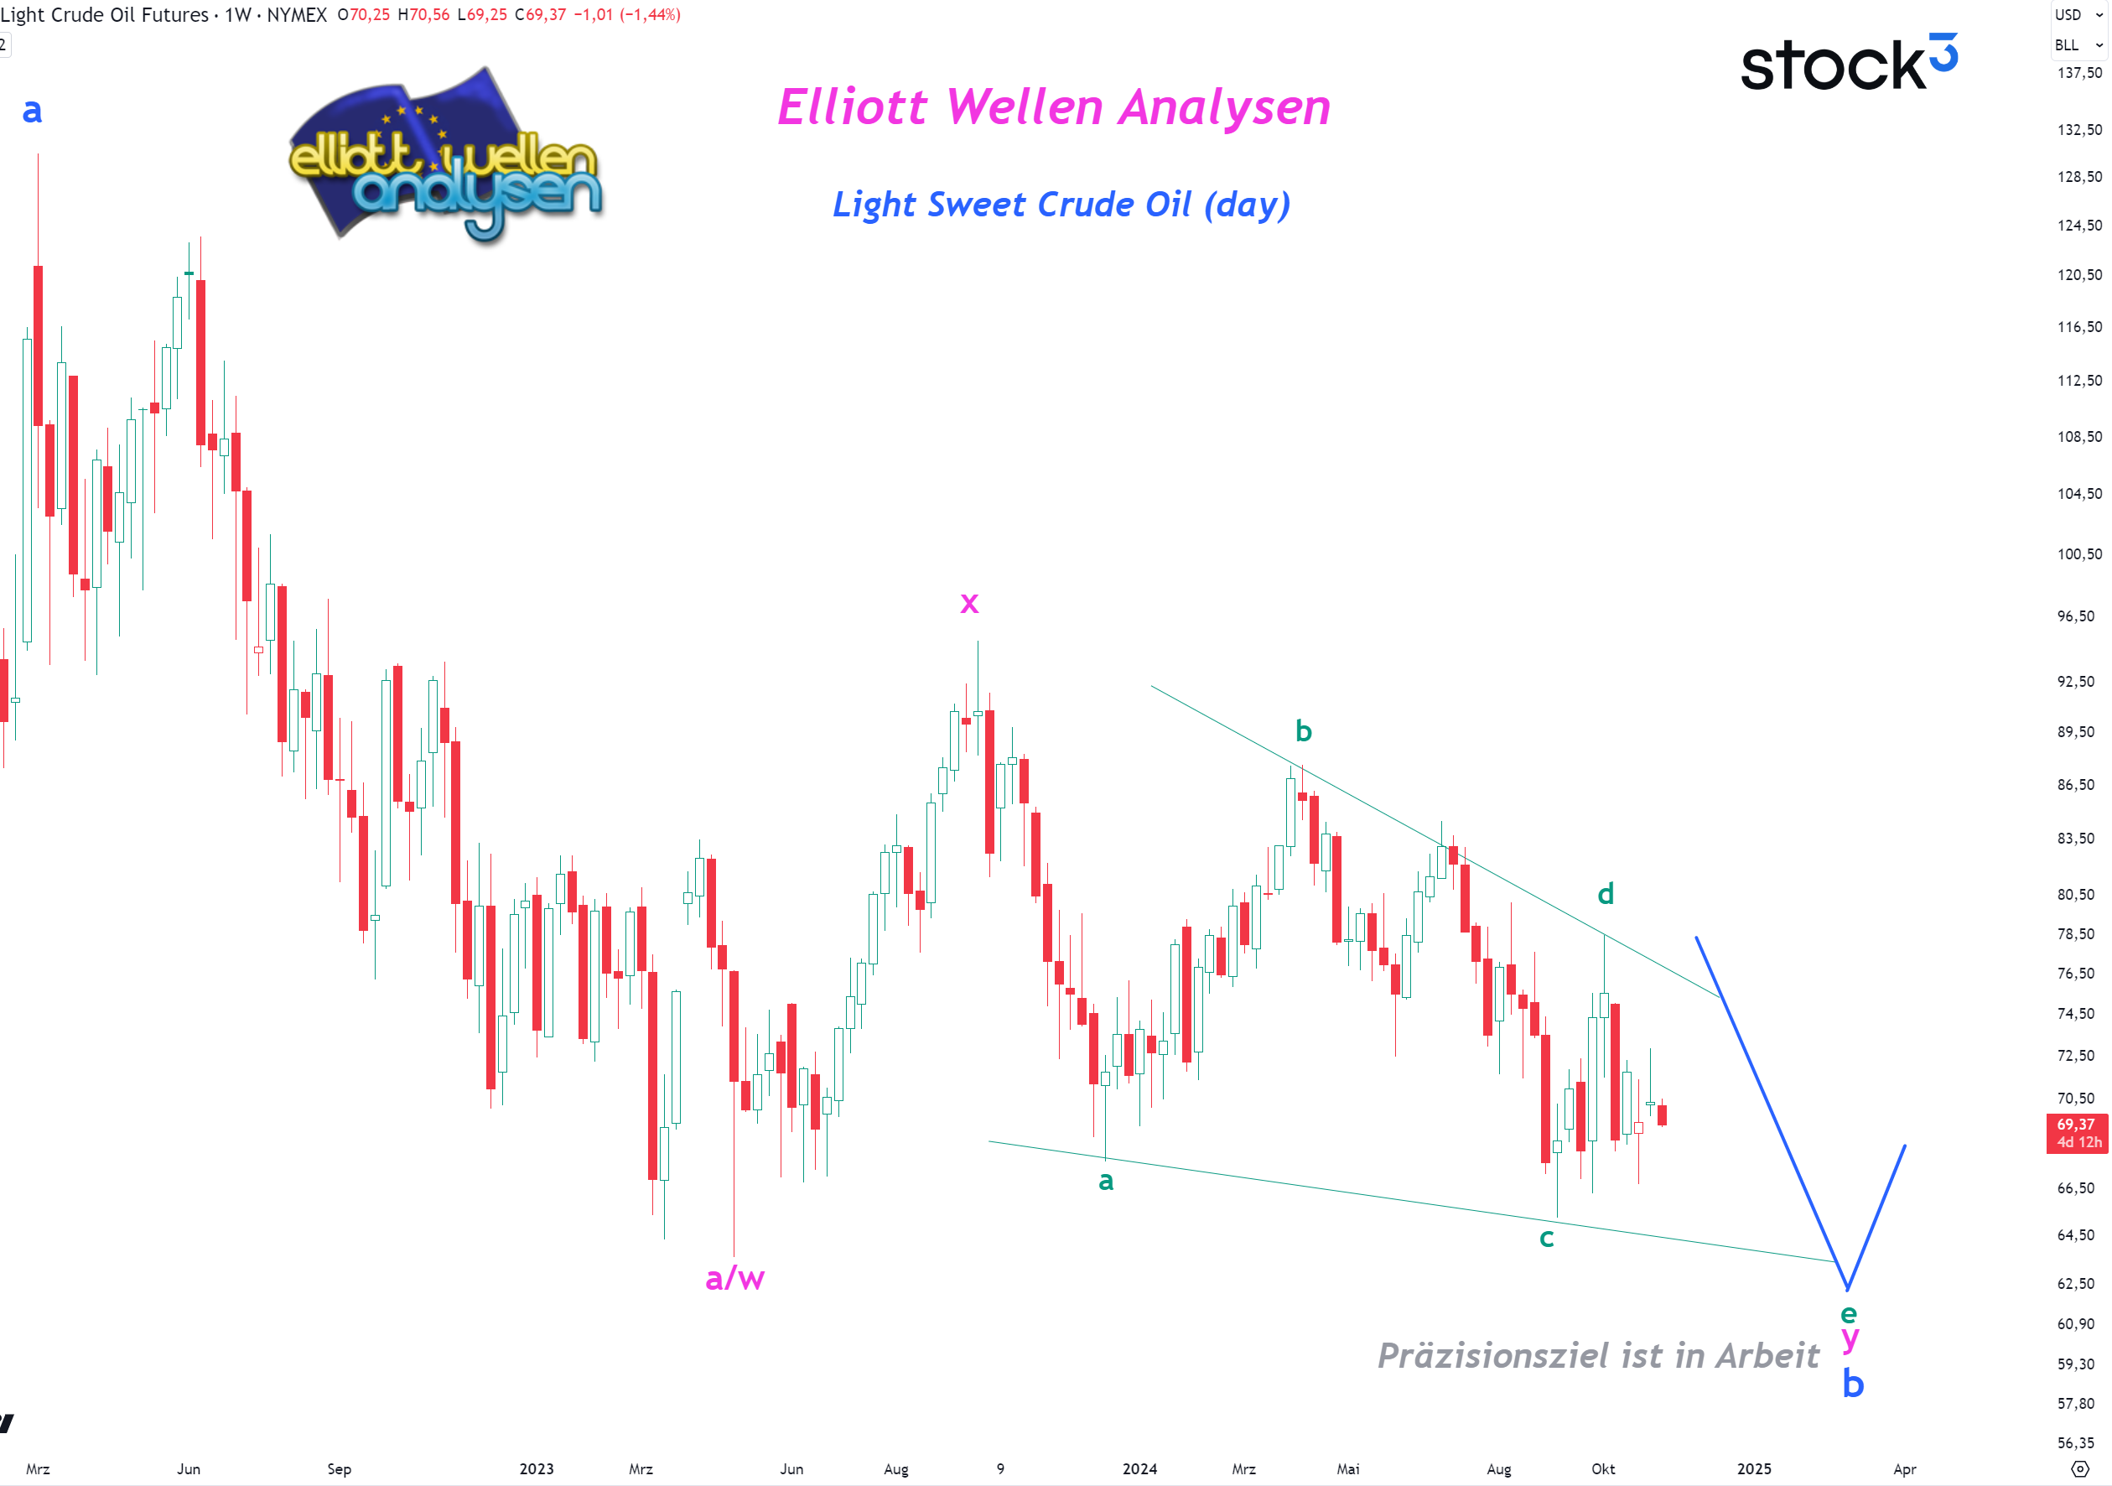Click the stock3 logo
(1848, 64)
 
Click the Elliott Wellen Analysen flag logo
(445, 157)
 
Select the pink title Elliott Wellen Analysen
(1053, 107)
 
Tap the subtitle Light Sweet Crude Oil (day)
(1061, 205)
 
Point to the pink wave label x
(968, 603)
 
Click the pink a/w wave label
(734, 1277)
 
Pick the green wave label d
(1605, 893)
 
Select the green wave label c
(1546, 1238)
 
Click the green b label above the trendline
(1303, 730)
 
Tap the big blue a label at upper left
(32, 111)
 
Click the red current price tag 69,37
(2076, 1133)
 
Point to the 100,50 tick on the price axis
(2079, 554)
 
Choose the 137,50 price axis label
(2079, 73)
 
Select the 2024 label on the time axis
(1139, 1468)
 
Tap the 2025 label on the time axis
(1753, 1468)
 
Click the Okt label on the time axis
(1602, 1468)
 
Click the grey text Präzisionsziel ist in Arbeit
(1598, 1355)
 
